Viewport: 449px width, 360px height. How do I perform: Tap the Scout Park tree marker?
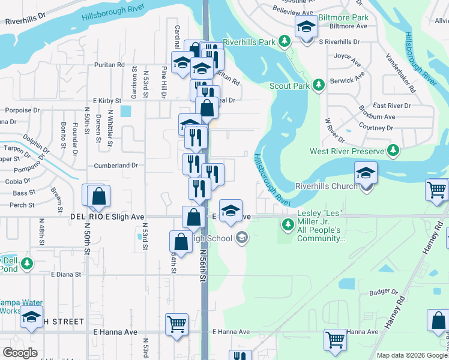coord(318,86)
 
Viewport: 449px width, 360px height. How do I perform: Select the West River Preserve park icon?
coord(393,151)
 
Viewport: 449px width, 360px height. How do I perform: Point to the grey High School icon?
coord(241,239)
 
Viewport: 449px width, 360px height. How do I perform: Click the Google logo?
coord(20,353)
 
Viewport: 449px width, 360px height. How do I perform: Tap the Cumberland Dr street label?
coord(116,165)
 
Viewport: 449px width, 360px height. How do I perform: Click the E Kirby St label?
coord(107,101)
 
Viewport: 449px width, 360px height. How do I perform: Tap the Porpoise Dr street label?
coord(22,110)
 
